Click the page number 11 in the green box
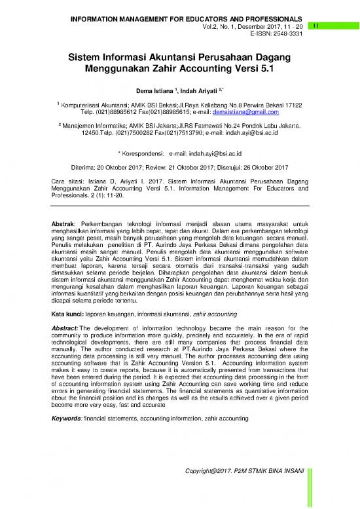[x=315, y=26]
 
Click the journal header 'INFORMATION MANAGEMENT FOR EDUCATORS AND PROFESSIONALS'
[x=186, y=17]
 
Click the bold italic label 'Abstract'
[x=65, y=328]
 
